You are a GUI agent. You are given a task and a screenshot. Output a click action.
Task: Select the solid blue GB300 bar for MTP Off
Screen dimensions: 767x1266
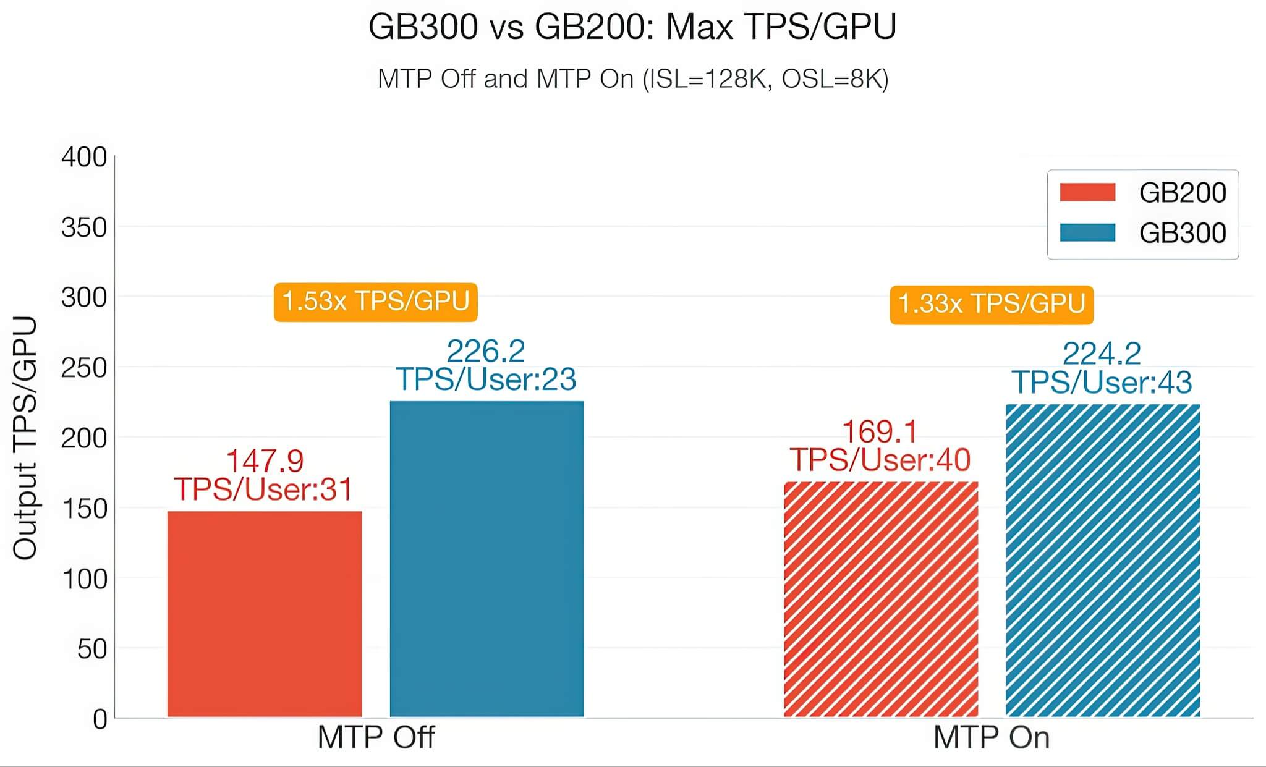click(486, 559)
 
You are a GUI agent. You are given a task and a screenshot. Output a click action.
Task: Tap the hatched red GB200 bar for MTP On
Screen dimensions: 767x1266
click(880, 599)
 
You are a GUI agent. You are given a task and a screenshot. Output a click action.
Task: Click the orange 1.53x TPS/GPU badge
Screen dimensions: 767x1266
click(375, 302)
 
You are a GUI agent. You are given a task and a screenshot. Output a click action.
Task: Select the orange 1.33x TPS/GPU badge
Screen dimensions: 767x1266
click(991, 304)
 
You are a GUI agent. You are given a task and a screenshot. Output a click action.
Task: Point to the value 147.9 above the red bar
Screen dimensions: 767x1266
click(265, 461)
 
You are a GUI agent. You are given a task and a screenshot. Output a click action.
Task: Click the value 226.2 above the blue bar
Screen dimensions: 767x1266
click(486, 352)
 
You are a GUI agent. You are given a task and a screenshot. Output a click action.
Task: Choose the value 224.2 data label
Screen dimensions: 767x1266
click(1102, 354)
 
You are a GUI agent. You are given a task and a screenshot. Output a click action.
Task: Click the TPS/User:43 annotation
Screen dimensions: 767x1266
click(1102, 383)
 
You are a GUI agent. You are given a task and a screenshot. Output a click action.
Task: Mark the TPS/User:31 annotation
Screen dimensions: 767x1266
click(263, 489)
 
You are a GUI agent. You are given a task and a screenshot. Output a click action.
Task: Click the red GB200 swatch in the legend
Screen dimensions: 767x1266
click(1087, 192)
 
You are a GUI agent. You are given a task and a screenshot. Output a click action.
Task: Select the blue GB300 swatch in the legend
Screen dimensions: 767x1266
click(1087, 232)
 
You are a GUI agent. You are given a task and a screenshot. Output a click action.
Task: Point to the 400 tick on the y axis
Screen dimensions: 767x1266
click(84, 157)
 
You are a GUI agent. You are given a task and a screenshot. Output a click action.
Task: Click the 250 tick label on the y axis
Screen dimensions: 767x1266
click(84, 368)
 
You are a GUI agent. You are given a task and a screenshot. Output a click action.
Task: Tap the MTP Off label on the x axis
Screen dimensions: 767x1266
click(376, 737)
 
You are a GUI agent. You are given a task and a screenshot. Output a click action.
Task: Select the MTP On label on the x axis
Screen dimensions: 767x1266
click(991, 737)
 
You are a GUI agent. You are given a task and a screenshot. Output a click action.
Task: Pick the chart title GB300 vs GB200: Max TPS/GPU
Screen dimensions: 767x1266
click(632, 27)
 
